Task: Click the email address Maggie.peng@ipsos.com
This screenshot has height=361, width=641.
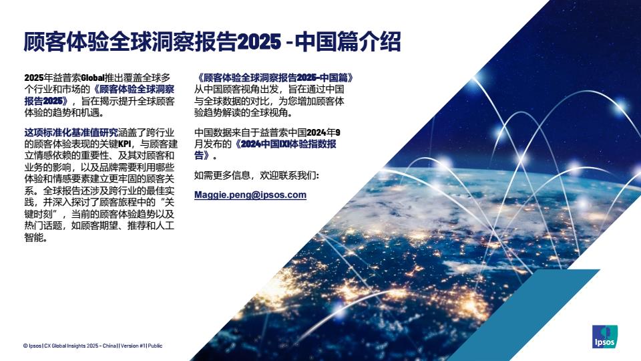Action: point(250,195)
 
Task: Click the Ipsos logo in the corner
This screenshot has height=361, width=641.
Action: point(605,336)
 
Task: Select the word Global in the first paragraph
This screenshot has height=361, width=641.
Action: point(93,78)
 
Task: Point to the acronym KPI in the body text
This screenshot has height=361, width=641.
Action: point(125,144)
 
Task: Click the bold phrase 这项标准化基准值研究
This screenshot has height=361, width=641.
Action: point(71,132)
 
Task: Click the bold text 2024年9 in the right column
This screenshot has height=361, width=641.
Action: point(323,132)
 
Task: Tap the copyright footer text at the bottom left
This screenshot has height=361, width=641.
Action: point(93,346)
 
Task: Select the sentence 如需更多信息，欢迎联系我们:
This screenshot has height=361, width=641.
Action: point(256,175)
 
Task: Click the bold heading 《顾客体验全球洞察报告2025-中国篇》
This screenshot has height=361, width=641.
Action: point(274,78)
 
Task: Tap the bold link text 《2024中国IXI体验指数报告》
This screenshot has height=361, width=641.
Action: point(265,149)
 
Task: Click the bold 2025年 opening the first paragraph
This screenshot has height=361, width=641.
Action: point(39,78)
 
